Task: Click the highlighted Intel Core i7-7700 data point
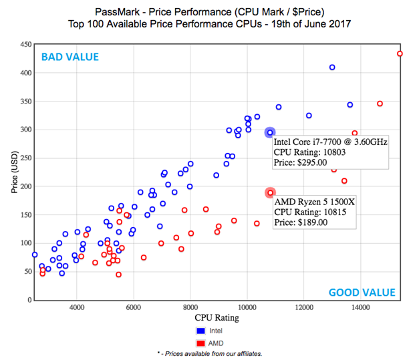(x=270, y=133)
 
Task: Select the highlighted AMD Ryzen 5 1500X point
(x=270, y=193)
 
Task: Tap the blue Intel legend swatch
(x=200, y=330)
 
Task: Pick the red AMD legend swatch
(x=200, y=342)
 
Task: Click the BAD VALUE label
(x=70, y=57)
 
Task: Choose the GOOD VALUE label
(x=362, y=292)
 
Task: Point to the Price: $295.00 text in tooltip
(x=300, y=162)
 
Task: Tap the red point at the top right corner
(x=400, y=54)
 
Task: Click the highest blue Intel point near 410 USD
(x=332, y=67)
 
